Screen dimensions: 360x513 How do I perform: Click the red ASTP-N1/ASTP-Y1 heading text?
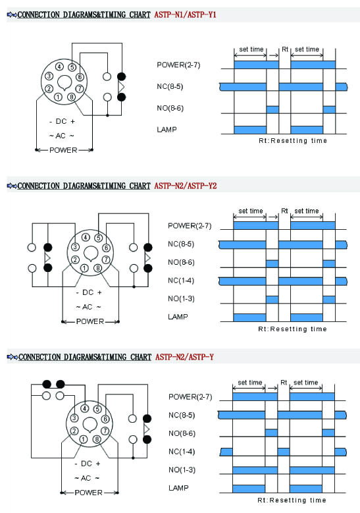(x=185, y=14)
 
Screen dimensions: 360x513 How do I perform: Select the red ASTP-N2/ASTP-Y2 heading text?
(x=186, y=186)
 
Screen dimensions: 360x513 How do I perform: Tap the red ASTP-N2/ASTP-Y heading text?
(x=184, y=357)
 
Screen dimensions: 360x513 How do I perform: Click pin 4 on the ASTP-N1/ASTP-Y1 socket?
(x=59, y=67)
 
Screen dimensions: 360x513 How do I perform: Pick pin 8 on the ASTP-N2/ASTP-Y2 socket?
(x=98, y=268)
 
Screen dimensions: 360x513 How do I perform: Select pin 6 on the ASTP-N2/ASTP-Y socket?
(x=105, y=419)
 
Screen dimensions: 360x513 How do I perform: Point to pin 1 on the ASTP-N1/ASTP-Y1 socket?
(x=58, y=97)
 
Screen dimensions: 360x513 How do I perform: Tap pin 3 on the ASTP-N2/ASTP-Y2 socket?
(x=75, y=247)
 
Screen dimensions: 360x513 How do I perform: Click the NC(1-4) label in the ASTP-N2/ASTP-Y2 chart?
(x=181, y=281)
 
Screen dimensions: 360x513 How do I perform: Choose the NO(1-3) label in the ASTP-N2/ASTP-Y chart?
(x=182, y=470)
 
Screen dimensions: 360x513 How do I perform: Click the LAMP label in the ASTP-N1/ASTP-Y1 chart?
(x=167, y=130)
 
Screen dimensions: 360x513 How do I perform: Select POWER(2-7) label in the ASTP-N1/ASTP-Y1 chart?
(x=178, y=65)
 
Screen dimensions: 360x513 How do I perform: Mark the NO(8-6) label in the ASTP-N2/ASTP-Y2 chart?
(x=181, y=262)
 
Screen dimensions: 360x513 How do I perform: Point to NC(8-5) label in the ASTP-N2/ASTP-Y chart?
(x=182, y=415)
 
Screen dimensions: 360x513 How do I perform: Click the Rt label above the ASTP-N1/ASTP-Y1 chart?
(x=285, y=49)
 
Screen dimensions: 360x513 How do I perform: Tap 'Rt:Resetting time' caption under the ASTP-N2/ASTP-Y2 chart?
(x=292, y=329)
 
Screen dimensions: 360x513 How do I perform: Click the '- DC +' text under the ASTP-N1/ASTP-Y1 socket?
(x=62, y=121)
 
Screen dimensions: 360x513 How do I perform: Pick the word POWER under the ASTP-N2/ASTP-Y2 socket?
(x=90, y=321)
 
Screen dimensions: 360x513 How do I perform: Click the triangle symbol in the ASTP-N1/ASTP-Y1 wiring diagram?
(x=121, y=87)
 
